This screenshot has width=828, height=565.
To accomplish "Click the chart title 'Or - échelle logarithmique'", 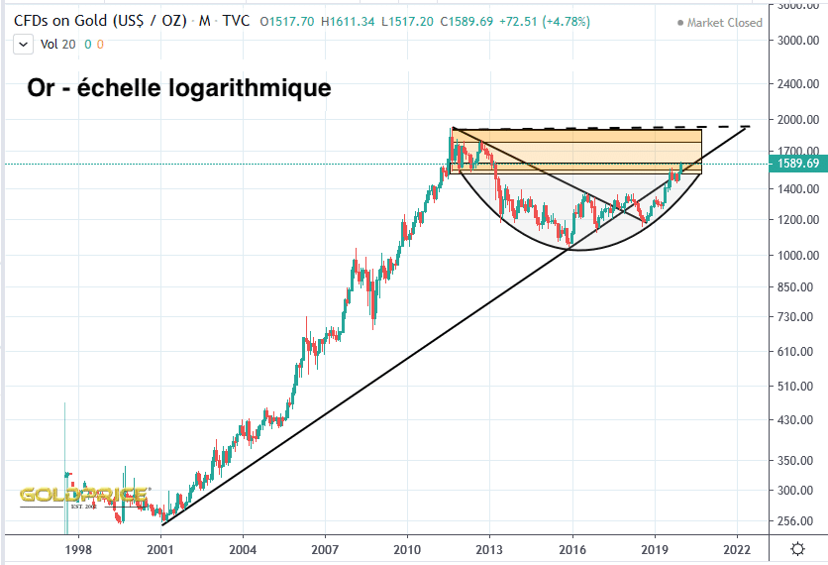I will coord(178,88).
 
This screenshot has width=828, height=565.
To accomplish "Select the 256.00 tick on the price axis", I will coord(797,521).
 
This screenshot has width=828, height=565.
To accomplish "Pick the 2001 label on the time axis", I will coord(160,547).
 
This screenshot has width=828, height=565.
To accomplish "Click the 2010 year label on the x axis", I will coord(407,547).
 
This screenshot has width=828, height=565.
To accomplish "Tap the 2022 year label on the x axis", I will coord(736,547).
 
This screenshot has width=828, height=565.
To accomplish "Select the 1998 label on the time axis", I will coord(78,547).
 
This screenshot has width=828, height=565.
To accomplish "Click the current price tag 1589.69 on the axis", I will coord(797,164).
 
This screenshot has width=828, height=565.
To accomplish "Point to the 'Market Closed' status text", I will coord(725,23).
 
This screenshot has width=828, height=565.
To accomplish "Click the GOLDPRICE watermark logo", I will coord(84,495).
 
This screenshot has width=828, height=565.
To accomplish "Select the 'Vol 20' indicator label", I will coord(55,44).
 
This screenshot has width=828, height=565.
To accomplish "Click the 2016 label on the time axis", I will coord(571,547).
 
